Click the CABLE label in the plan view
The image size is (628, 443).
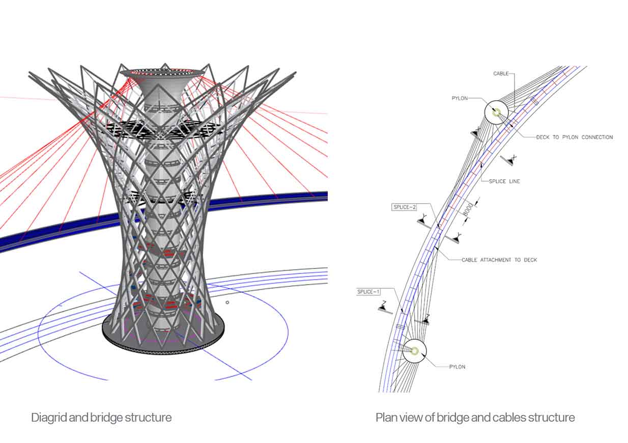pos(501,73)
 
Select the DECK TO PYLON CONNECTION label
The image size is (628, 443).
pos(575,137)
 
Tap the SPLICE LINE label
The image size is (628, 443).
pos(504,181)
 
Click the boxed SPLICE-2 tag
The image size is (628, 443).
pos(404,207)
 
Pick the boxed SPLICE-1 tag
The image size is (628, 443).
pos(368,292)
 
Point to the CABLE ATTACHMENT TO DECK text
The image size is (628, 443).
pos(499,260)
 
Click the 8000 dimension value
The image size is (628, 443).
pos(468,210)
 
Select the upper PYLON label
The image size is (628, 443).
pos(460,98)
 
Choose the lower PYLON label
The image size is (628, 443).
pos(458,367)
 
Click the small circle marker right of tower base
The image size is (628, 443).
pos(227,302)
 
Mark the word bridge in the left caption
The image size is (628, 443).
pos(107,418)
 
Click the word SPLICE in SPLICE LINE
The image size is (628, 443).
pos(497,181)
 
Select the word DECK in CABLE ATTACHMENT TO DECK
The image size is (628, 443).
pos(530,260)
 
